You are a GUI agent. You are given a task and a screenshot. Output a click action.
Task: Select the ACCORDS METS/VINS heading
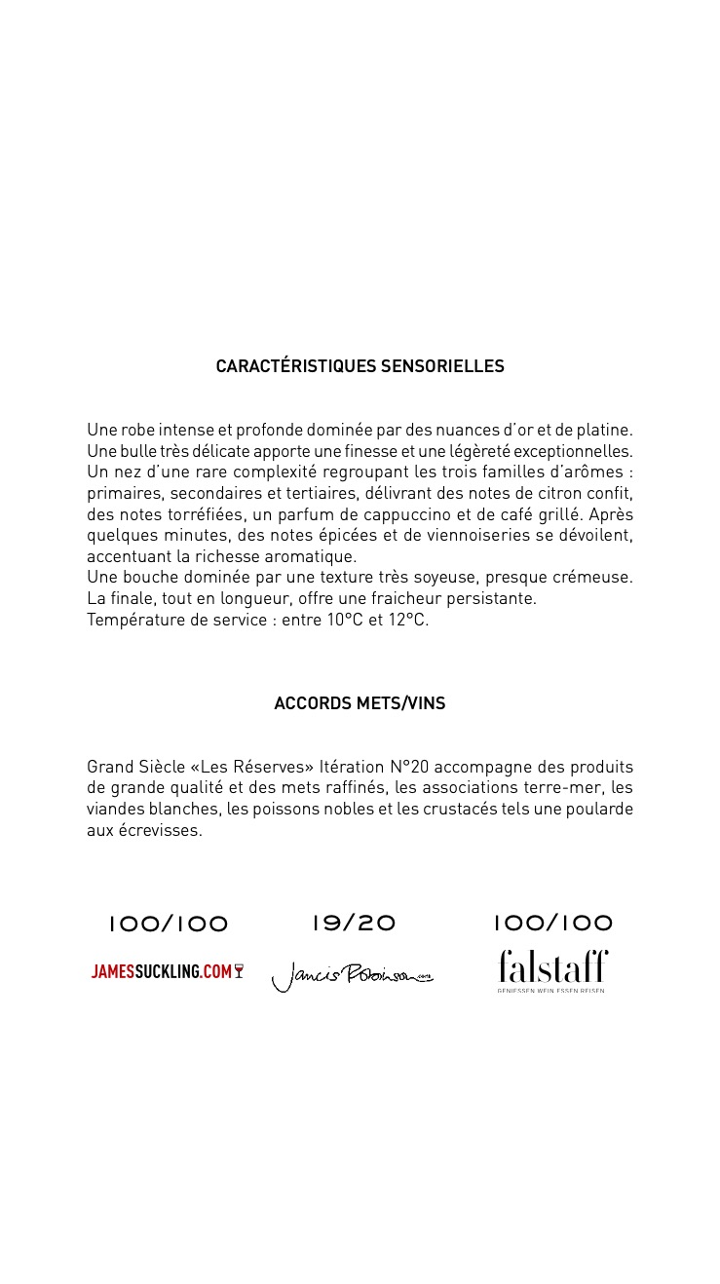point(360,703)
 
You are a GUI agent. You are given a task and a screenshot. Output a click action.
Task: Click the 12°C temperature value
point(408,620)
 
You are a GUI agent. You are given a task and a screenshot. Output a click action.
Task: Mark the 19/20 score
point(354,923)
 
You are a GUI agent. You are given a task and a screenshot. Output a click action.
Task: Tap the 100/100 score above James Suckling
point(168,924)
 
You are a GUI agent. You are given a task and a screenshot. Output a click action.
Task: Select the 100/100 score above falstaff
point(552,923)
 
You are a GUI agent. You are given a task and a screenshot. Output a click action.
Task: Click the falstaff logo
point(552,968)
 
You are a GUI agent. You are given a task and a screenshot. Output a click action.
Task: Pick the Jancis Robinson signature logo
point(352,975)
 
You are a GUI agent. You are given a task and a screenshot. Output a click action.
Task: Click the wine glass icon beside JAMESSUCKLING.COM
point(239,971)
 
